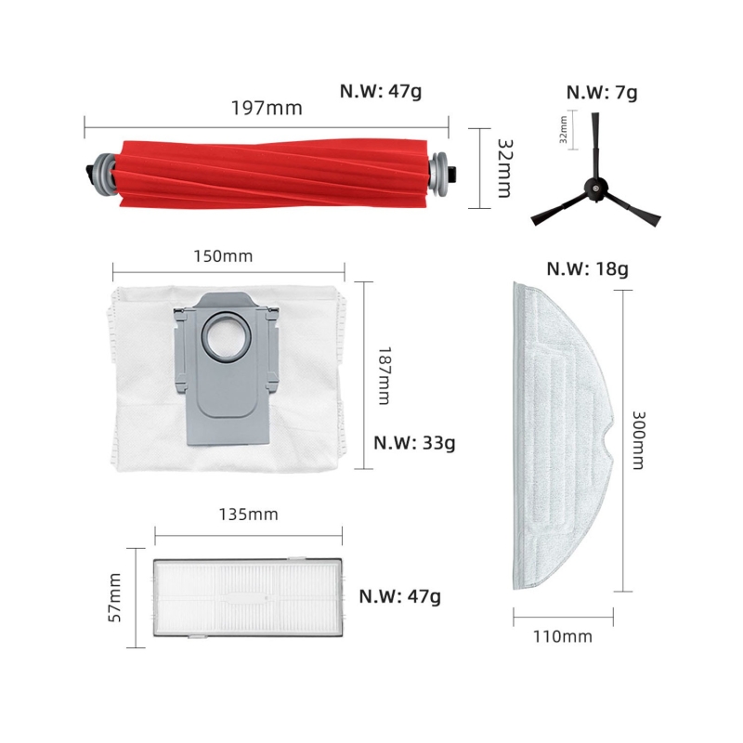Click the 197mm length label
[267, 107]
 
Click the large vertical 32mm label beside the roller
[503, 168]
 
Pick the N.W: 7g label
[602, 92]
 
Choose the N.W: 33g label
[414, 442]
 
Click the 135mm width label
[248, 514]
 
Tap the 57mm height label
[116, 596]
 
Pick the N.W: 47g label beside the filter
[400, 595]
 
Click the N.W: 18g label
[587, 269]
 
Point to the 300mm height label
[637, 440]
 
